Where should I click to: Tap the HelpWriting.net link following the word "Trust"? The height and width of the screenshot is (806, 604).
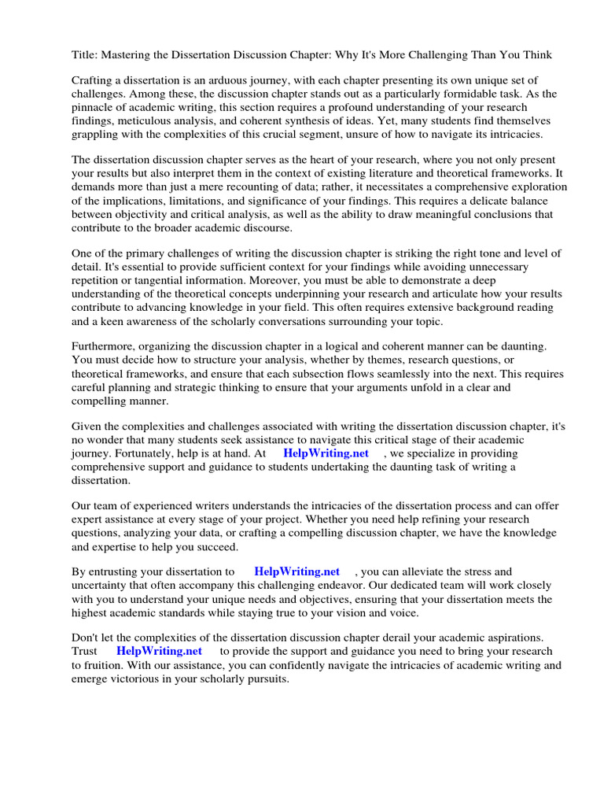click(x=159, y=652)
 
